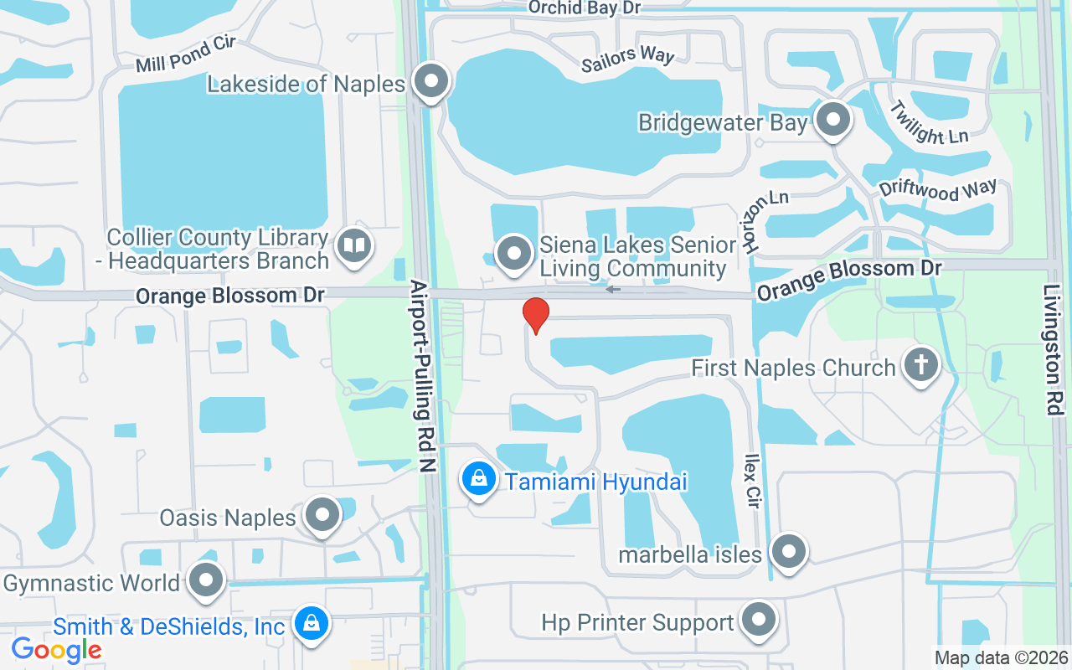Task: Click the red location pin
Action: [535, 315]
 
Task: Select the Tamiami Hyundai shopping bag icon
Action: [478, 480]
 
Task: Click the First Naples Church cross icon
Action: [920, 366]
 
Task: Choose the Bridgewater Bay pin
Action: [832, 120]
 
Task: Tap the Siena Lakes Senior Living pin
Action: [514, 252]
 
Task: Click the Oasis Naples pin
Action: [322, 515]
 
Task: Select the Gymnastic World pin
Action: [205, 580]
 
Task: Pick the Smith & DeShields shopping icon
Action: [311, 624]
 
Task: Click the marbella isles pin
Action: [787, 553]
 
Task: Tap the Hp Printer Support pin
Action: [759, 621]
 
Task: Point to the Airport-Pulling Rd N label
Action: [423, 377]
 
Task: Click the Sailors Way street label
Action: [628, 58]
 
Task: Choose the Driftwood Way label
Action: [938, 189]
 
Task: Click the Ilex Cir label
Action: [752, 482]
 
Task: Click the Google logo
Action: [56, 649]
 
